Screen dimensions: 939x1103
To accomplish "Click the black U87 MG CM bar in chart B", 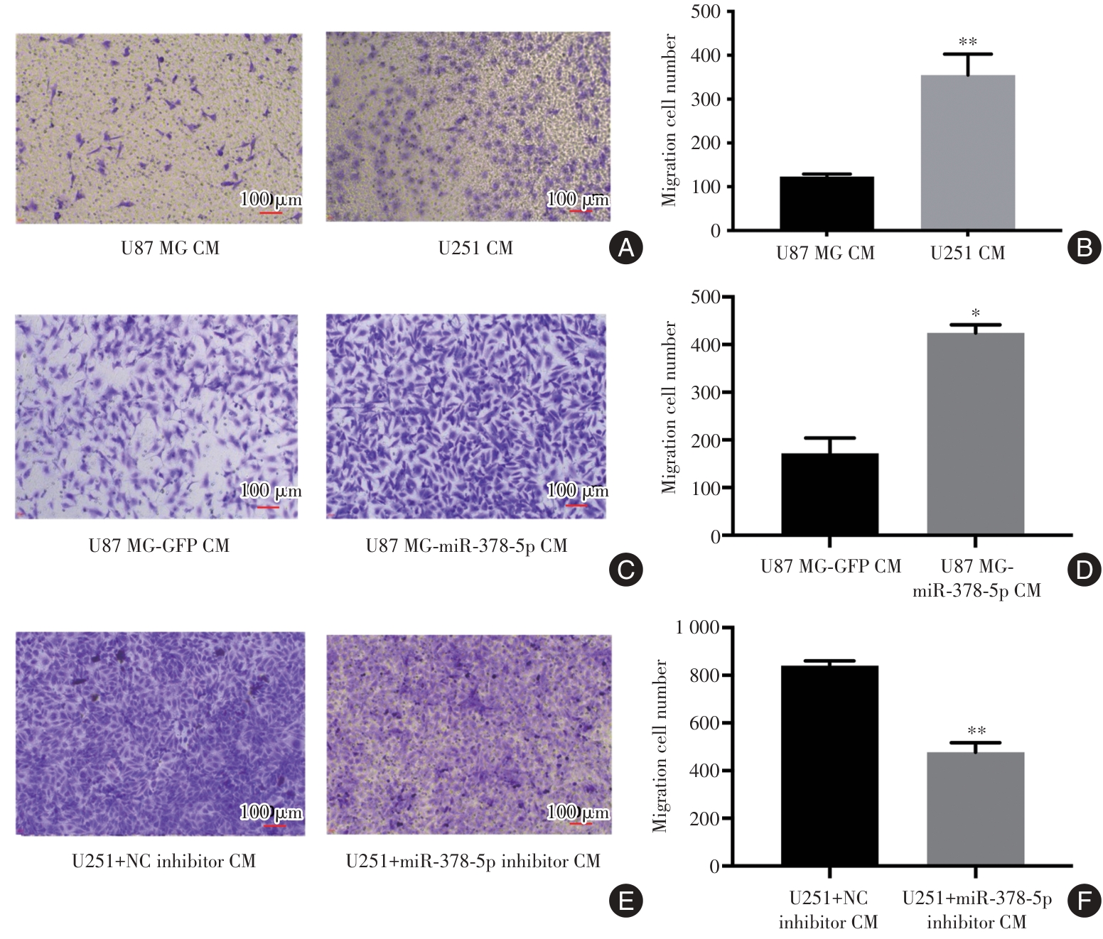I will pyautogui.click(x=827, y=203).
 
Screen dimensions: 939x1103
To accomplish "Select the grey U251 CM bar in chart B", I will pyautogui.click(x=967, y=153).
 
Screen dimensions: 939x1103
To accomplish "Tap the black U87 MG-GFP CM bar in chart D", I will pyautogui.click(x=829, y=494).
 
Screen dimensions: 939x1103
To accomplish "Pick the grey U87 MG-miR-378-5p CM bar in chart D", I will pyautogui.click(x=975, y=433).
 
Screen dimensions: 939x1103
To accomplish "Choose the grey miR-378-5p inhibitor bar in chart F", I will pyautogui.click(x=975, y=809).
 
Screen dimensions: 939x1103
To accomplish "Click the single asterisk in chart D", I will pyautogui.click(x=976, y=313).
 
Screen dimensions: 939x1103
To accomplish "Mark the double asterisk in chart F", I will pyautogui.click(x=976, y=731).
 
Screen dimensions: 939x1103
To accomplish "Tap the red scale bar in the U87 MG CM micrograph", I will pyautogui.click(x=271, y=212).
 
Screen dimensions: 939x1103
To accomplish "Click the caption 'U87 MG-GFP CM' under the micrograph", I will pyautogui.click(x=159, y=546).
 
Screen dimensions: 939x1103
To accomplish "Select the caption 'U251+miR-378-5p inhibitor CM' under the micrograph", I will pyautogui.click(x=473, y=862).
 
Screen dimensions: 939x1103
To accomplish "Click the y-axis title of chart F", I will pyautogui.click(x=661, y=746).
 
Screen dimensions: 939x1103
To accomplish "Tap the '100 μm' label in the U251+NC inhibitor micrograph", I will pyautogui.click(x=271, y=812).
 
